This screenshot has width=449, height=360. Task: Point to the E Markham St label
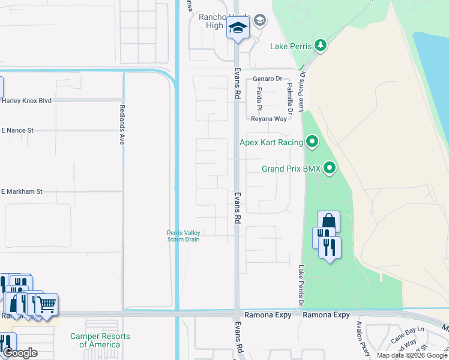pos(22,191)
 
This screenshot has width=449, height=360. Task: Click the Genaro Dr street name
pos(267,79)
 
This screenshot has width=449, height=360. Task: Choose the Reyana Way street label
pos(268,119)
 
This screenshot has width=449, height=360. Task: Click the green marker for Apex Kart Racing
pos(312,142)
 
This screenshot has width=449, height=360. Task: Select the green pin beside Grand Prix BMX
pos(330,169)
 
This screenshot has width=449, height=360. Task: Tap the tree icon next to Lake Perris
pos(321,46)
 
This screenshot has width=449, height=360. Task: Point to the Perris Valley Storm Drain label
pos(184,236)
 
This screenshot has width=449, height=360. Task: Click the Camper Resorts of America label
pos(100,340)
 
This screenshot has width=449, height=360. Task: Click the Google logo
pos(20,353)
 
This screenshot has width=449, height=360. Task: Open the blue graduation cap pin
pos(238,28)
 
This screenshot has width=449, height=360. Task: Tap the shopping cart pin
pos(46,304)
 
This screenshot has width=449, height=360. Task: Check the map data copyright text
pos(412,355)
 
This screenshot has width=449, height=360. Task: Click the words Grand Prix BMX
pos(291,169)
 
